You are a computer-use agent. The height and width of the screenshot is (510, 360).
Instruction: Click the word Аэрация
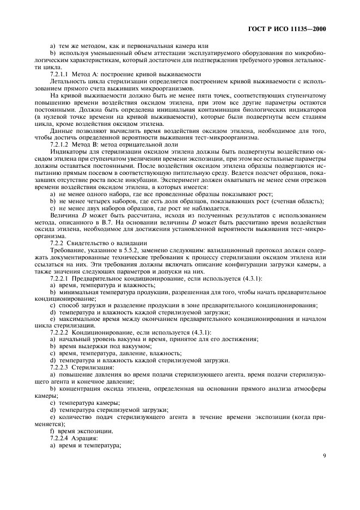(87, 439)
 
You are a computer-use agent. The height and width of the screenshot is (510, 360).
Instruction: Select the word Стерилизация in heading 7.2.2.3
(96, 368)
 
